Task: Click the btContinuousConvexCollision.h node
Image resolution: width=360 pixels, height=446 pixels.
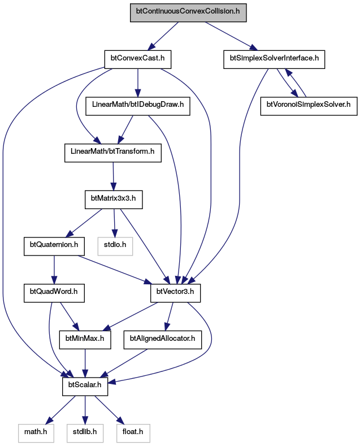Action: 188,12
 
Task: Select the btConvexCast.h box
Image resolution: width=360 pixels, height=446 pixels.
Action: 138,59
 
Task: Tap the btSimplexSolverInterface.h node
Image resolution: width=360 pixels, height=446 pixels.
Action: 274,59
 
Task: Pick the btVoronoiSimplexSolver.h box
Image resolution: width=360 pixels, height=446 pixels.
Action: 309,106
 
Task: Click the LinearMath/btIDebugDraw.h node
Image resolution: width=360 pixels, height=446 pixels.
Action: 138,106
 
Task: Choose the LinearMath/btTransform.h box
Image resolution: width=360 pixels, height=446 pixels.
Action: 113,153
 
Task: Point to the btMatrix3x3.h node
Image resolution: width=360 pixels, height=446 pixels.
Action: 114,200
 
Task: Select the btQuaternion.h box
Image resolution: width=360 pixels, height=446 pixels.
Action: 54,246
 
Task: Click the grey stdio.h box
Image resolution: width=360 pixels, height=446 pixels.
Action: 115,246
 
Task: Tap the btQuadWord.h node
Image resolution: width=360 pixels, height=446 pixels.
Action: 54,293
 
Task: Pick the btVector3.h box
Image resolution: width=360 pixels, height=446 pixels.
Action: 175,293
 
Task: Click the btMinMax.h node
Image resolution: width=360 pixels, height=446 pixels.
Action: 85,340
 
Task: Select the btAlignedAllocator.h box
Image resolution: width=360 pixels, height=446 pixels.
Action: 163,340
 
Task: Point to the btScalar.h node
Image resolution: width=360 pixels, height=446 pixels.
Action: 85,386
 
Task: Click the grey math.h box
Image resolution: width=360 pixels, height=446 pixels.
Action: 36,433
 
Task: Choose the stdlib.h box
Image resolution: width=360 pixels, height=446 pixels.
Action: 85,433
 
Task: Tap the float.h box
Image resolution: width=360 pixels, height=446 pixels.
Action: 133,433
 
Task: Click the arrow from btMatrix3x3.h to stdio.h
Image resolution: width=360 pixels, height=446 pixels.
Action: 114,223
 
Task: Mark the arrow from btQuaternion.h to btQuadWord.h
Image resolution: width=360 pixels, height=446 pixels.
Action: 54,270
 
